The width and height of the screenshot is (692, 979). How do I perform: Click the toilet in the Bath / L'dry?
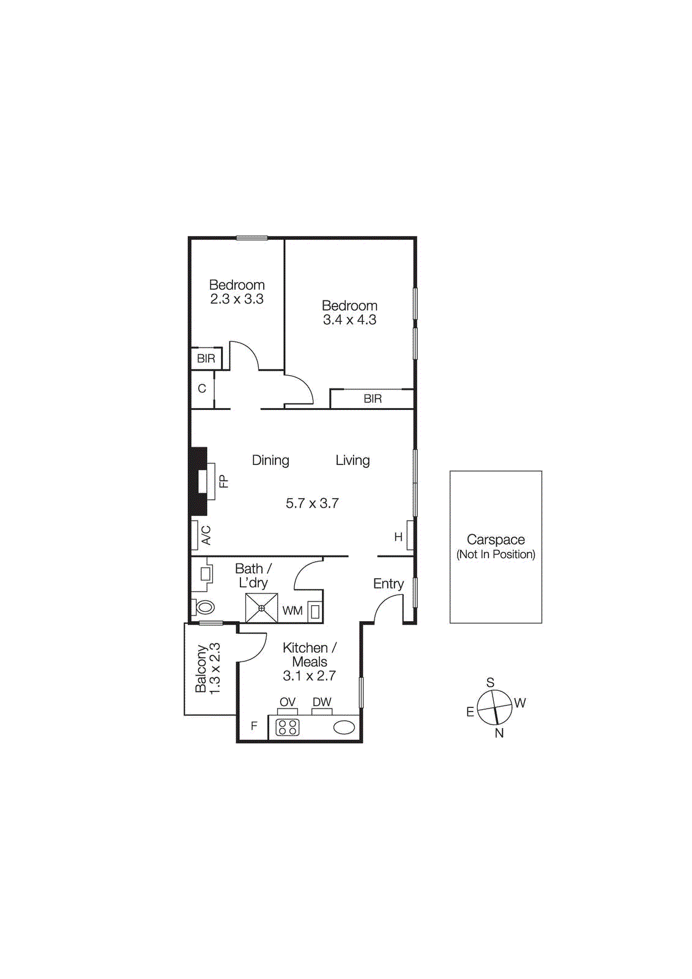pyautogui.click(x=204, y=608)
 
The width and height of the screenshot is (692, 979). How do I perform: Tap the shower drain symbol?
pyautogui.click(x=261, y=608)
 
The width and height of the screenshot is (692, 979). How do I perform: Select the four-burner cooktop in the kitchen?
pyautogui.click(x=288, y=727)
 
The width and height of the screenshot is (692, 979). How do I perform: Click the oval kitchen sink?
pyautogui.click(x=344, y=727)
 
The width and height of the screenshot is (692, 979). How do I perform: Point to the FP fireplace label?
pyautogui.click(x=224, y=482)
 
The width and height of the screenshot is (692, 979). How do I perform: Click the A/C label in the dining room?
pyautogui.click(x=206, y=535)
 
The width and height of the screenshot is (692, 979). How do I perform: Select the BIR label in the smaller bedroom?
pyautogui.click(x=206, y=359)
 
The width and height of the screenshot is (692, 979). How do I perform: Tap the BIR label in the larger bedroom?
pyautogui.click(x=373, y=399)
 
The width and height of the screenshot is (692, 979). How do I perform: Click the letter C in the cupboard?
pyautogui.click(x=202, y=389)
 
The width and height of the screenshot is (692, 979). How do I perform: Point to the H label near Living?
pyautogui.click(x=398, y=537)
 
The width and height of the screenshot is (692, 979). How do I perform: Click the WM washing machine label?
pyautogui.click(x=292, y=611)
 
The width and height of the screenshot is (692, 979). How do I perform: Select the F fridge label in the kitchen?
pyautogui.click(x=254, y=726)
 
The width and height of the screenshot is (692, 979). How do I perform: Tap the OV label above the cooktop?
pyautogui.click(x=288, y=702)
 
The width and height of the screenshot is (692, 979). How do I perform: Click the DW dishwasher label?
pyautogui.click(x=322, y=702)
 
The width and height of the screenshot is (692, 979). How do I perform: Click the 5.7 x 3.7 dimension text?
pyautogui.click(x=312, y=504)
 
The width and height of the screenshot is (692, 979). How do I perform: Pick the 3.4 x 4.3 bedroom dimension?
pyautogui.click(x=349, y=320)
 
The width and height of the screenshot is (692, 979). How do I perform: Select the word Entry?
pyautogui.click(x=389, y=584)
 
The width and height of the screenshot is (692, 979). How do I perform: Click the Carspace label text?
pyautogui.click(x=496, y=540)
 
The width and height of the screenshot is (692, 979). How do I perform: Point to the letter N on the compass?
pyautogui.click(x=499, y=733)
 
